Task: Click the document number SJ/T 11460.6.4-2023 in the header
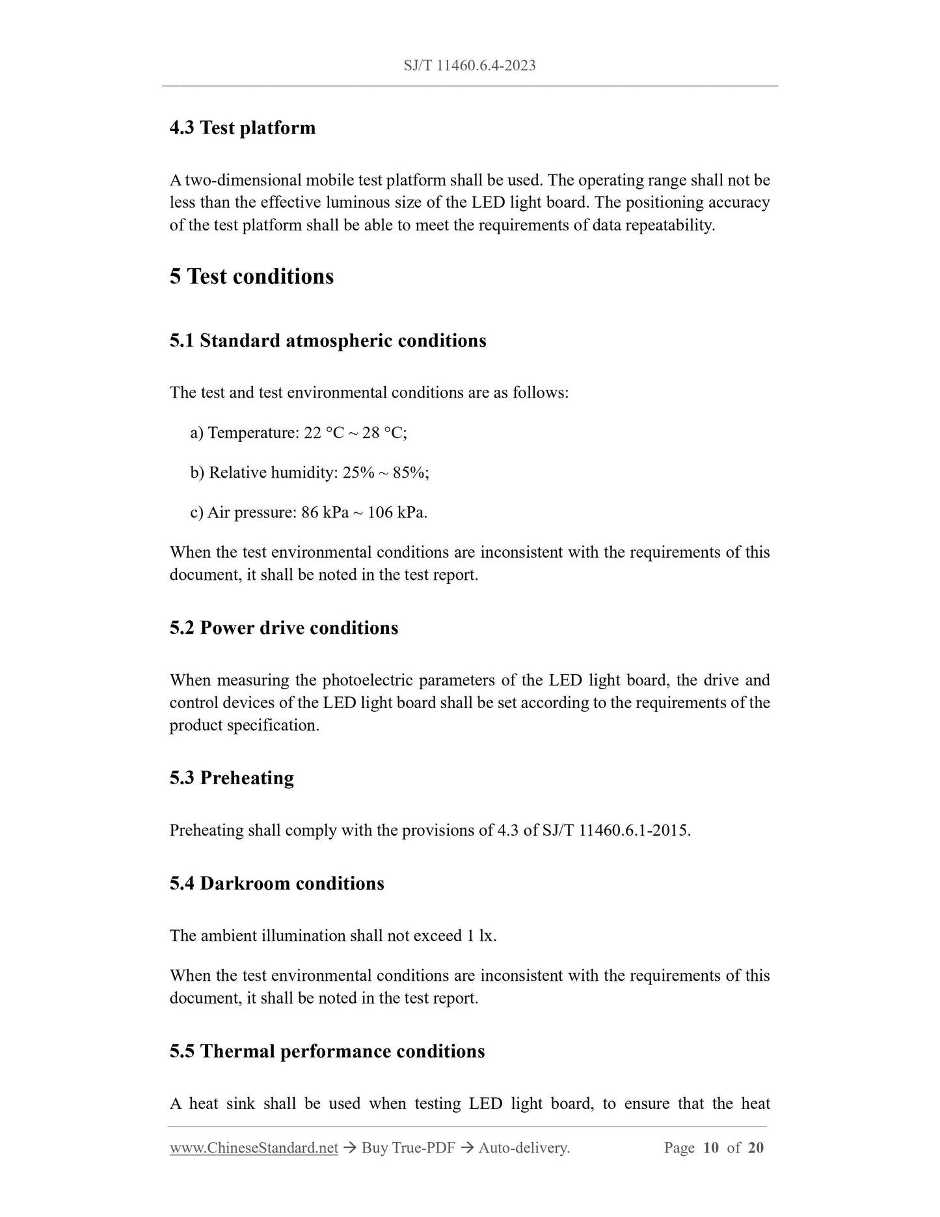pos(469,65)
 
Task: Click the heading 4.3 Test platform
pos(242,128)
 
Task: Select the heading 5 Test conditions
pos(251,277)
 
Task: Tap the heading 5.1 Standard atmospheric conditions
pos(327,340)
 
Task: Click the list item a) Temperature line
pos(298,433)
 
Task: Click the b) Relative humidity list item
pos(309,472)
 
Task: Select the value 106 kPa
pos(397,512)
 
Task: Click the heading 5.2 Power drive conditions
pos(284,628)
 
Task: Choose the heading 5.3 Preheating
pos(232,778)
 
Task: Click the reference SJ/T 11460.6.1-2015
pos(615,830)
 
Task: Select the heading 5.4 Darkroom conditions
pos(276,884)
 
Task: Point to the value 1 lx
pos(481,936)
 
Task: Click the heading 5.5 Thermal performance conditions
pos(327,1052)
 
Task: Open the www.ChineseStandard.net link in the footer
pos(254,1148)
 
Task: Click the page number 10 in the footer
pos(710,1148)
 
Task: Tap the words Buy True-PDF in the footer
pos(408,1148)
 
